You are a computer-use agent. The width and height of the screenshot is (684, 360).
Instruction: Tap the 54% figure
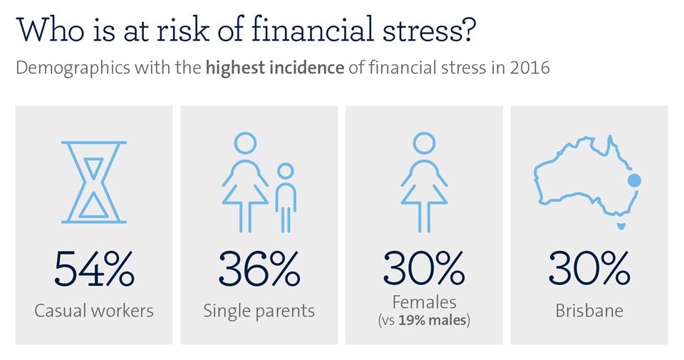[94, 268]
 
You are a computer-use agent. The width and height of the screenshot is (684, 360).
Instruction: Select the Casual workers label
[94, 311]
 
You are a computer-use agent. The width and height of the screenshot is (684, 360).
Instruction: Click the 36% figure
[259, 268]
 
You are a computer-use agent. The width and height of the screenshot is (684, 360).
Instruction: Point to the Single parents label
[259, 311]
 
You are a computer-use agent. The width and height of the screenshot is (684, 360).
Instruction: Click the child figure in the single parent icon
[286, 197]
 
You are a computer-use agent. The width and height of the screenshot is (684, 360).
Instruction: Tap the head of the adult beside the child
[245, 143]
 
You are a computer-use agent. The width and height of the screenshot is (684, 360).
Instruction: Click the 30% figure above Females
[424, 268]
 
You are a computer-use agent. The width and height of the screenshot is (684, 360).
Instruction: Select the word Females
[425, 302]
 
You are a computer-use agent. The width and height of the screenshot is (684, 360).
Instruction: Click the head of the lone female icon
[424, 143]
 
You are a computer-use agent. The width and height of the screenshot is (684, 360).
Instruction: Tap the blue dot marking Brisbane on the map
[634, 180]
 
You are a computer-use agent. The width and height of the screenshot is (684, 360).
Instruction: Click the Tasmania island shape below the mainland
[621, 226]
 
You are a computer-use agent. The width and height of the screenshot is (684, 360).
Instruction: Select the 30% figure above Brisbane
[589, 268]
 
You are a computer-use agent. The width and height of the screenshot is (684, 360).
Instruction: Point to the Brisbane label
[589, 311]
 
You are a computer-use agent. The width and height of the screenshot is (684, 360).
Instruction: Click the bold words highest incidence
[275, 68]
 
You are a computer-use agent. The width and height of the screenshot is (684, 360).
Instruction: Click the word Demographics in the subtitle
[73, 68]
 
